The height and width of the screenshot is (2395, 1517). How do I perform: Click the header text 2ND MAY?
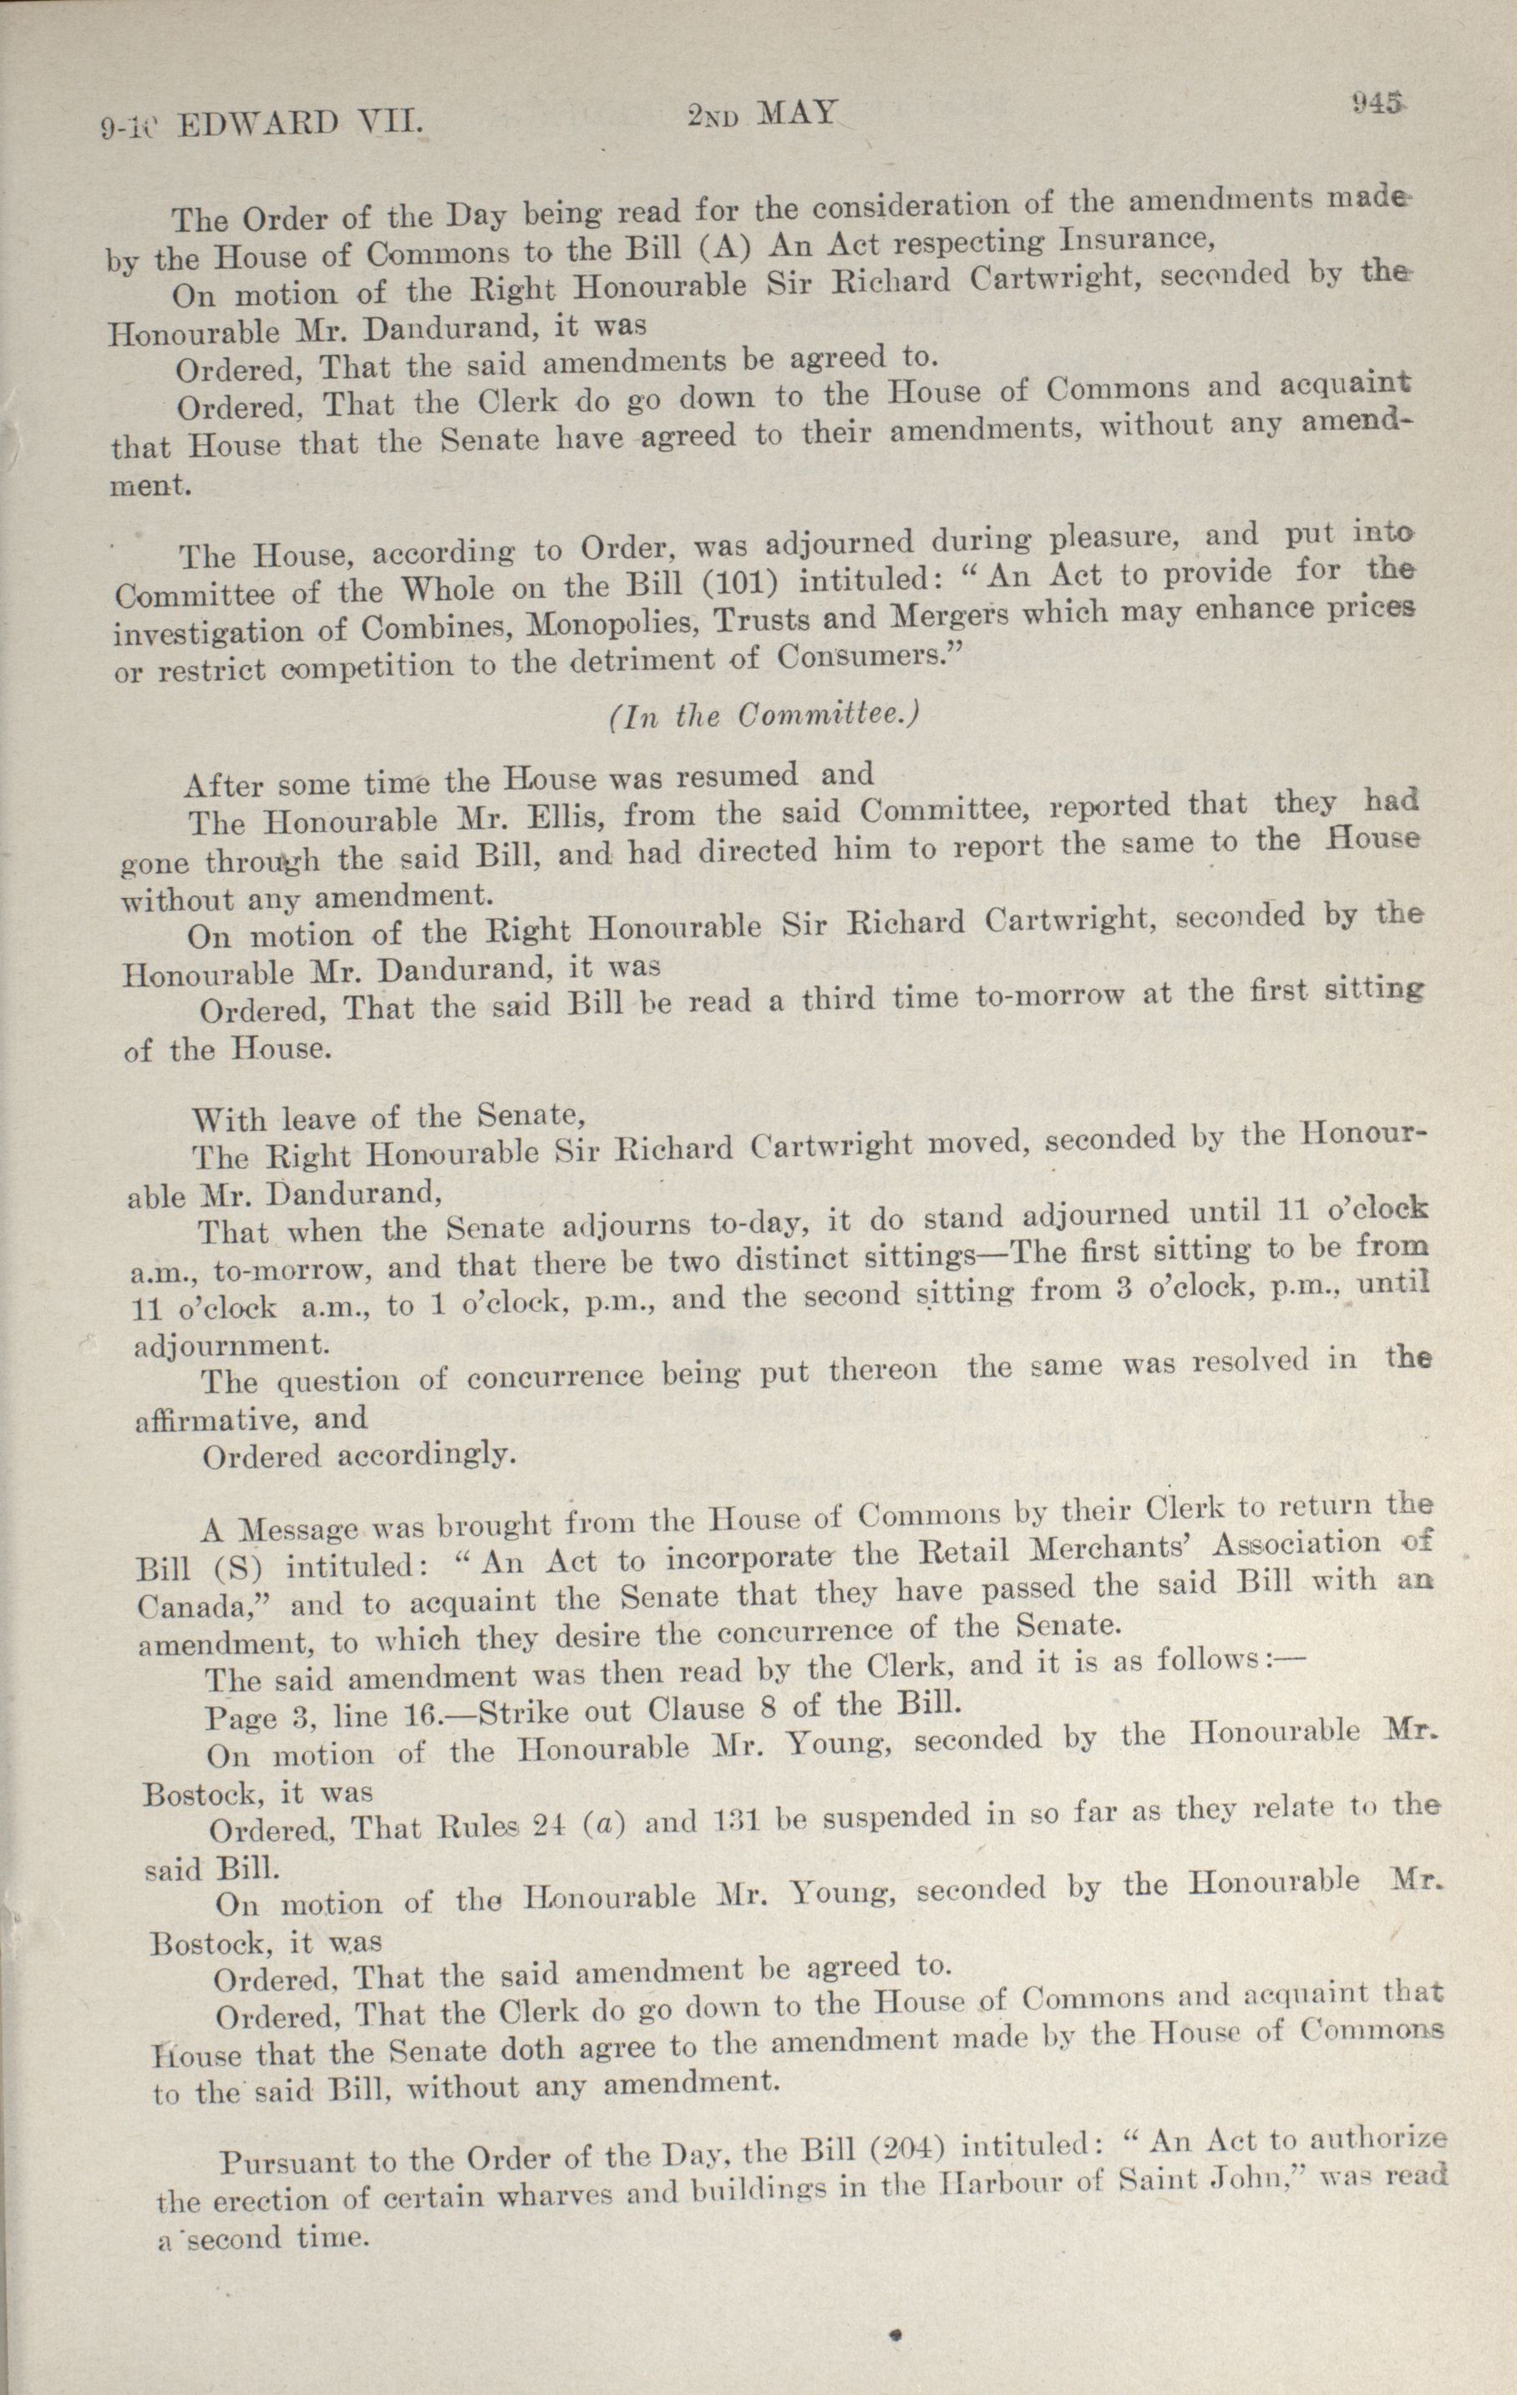point(762,114)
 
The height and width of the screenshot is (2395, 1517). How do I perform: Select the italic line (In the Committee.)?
point(763,716)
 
